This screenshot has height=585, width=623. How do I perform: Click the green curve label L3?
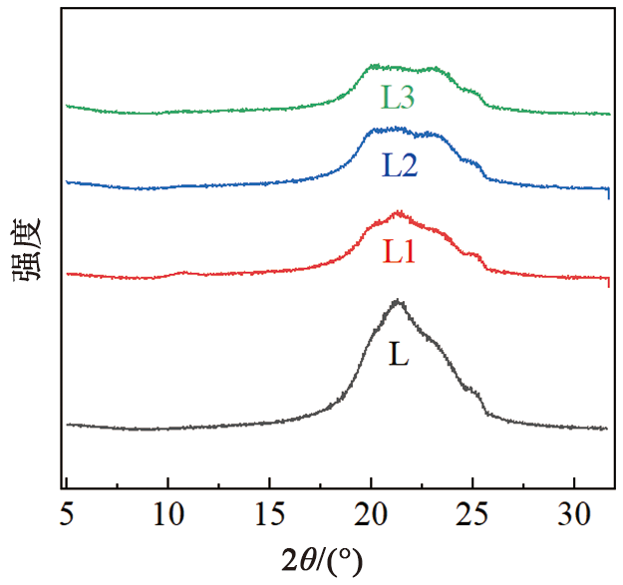pos(397,97)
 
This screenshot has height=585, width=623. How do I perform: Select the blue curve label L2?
pos(398,164)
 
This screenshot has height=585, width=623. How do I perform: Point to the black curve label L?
pos(399,355)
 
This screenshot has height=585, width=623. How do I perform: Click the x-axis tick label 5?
pos(67,517)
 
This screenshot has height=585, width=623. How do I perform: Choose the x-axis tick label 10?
pos(167,517)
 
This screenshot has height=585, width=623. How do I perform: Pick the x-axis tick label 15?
pos(269,517)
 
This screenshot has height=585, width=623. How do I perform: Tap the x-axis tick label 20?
pos(371,517)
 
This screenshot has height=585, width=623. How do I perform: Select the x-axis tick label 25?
pos(472,517)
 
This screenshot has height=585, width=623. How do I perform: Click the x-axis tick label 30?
pos(574,517)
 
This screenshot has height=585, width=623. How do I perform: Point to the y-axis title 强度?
pos(27,252)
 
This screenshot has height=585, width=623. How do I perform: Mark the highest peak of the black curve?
pos(398,300)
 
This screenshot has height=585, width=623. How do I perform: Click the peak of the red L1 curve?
pos(399,211)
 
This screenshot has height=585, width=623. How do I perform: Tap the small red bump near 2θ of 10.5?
pos(181,272)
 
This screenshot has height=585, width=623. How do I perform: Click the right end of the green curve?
pos(609,115)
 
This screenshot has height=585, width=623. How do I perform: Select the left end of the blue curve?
pos(67,182)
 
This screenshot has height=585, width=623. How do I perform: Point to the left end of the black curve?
pos(67,425)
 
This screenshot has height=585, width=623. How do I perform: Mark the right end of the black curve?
pos(606,429)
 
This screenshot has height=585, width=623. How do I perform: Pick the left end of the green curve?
pos(67,105)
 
